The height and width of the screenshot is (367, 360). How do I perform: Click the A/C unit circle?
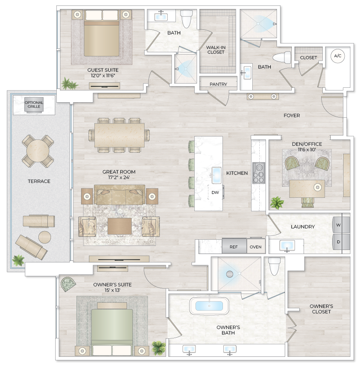click(337, 56)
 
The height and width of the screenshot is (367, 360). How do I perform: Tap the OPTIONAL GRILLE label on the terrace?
click(34, 105)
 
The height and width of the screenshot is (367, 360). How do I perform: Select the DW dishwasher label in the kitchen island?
click(215, 192)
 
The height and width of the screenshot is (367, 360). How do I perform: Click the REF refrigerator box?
click(234, 247)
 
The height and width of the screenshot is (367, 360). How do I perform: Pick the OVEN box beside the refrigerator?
click(256, 247)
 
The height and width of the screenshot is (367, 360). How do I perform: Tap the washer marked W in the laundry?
click(338, 225)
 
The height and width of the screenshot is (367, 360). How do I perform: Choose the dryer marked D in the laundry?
click(338, 242)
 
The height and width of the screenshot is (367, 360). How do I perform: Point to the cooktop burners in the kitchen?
click(259, 173)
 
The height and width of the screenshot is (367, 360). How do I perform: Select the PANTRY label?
click(218, 84)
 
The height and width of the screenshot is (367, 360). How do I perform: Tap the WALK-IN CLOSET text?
click(215, 50)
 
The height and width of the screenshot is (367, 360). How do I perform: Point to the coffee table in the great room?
click(119, 226)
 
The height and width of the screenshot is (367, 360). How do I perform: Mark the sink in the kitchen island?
click(217, 175)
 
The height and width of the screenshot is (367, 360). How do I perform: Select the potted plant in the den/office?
click(277, 202)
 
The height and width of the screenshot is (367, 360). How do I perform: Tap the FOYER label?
click(292, 116)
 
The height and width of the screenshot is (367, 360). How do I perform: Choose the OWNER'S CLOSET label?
click(321, 309)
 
